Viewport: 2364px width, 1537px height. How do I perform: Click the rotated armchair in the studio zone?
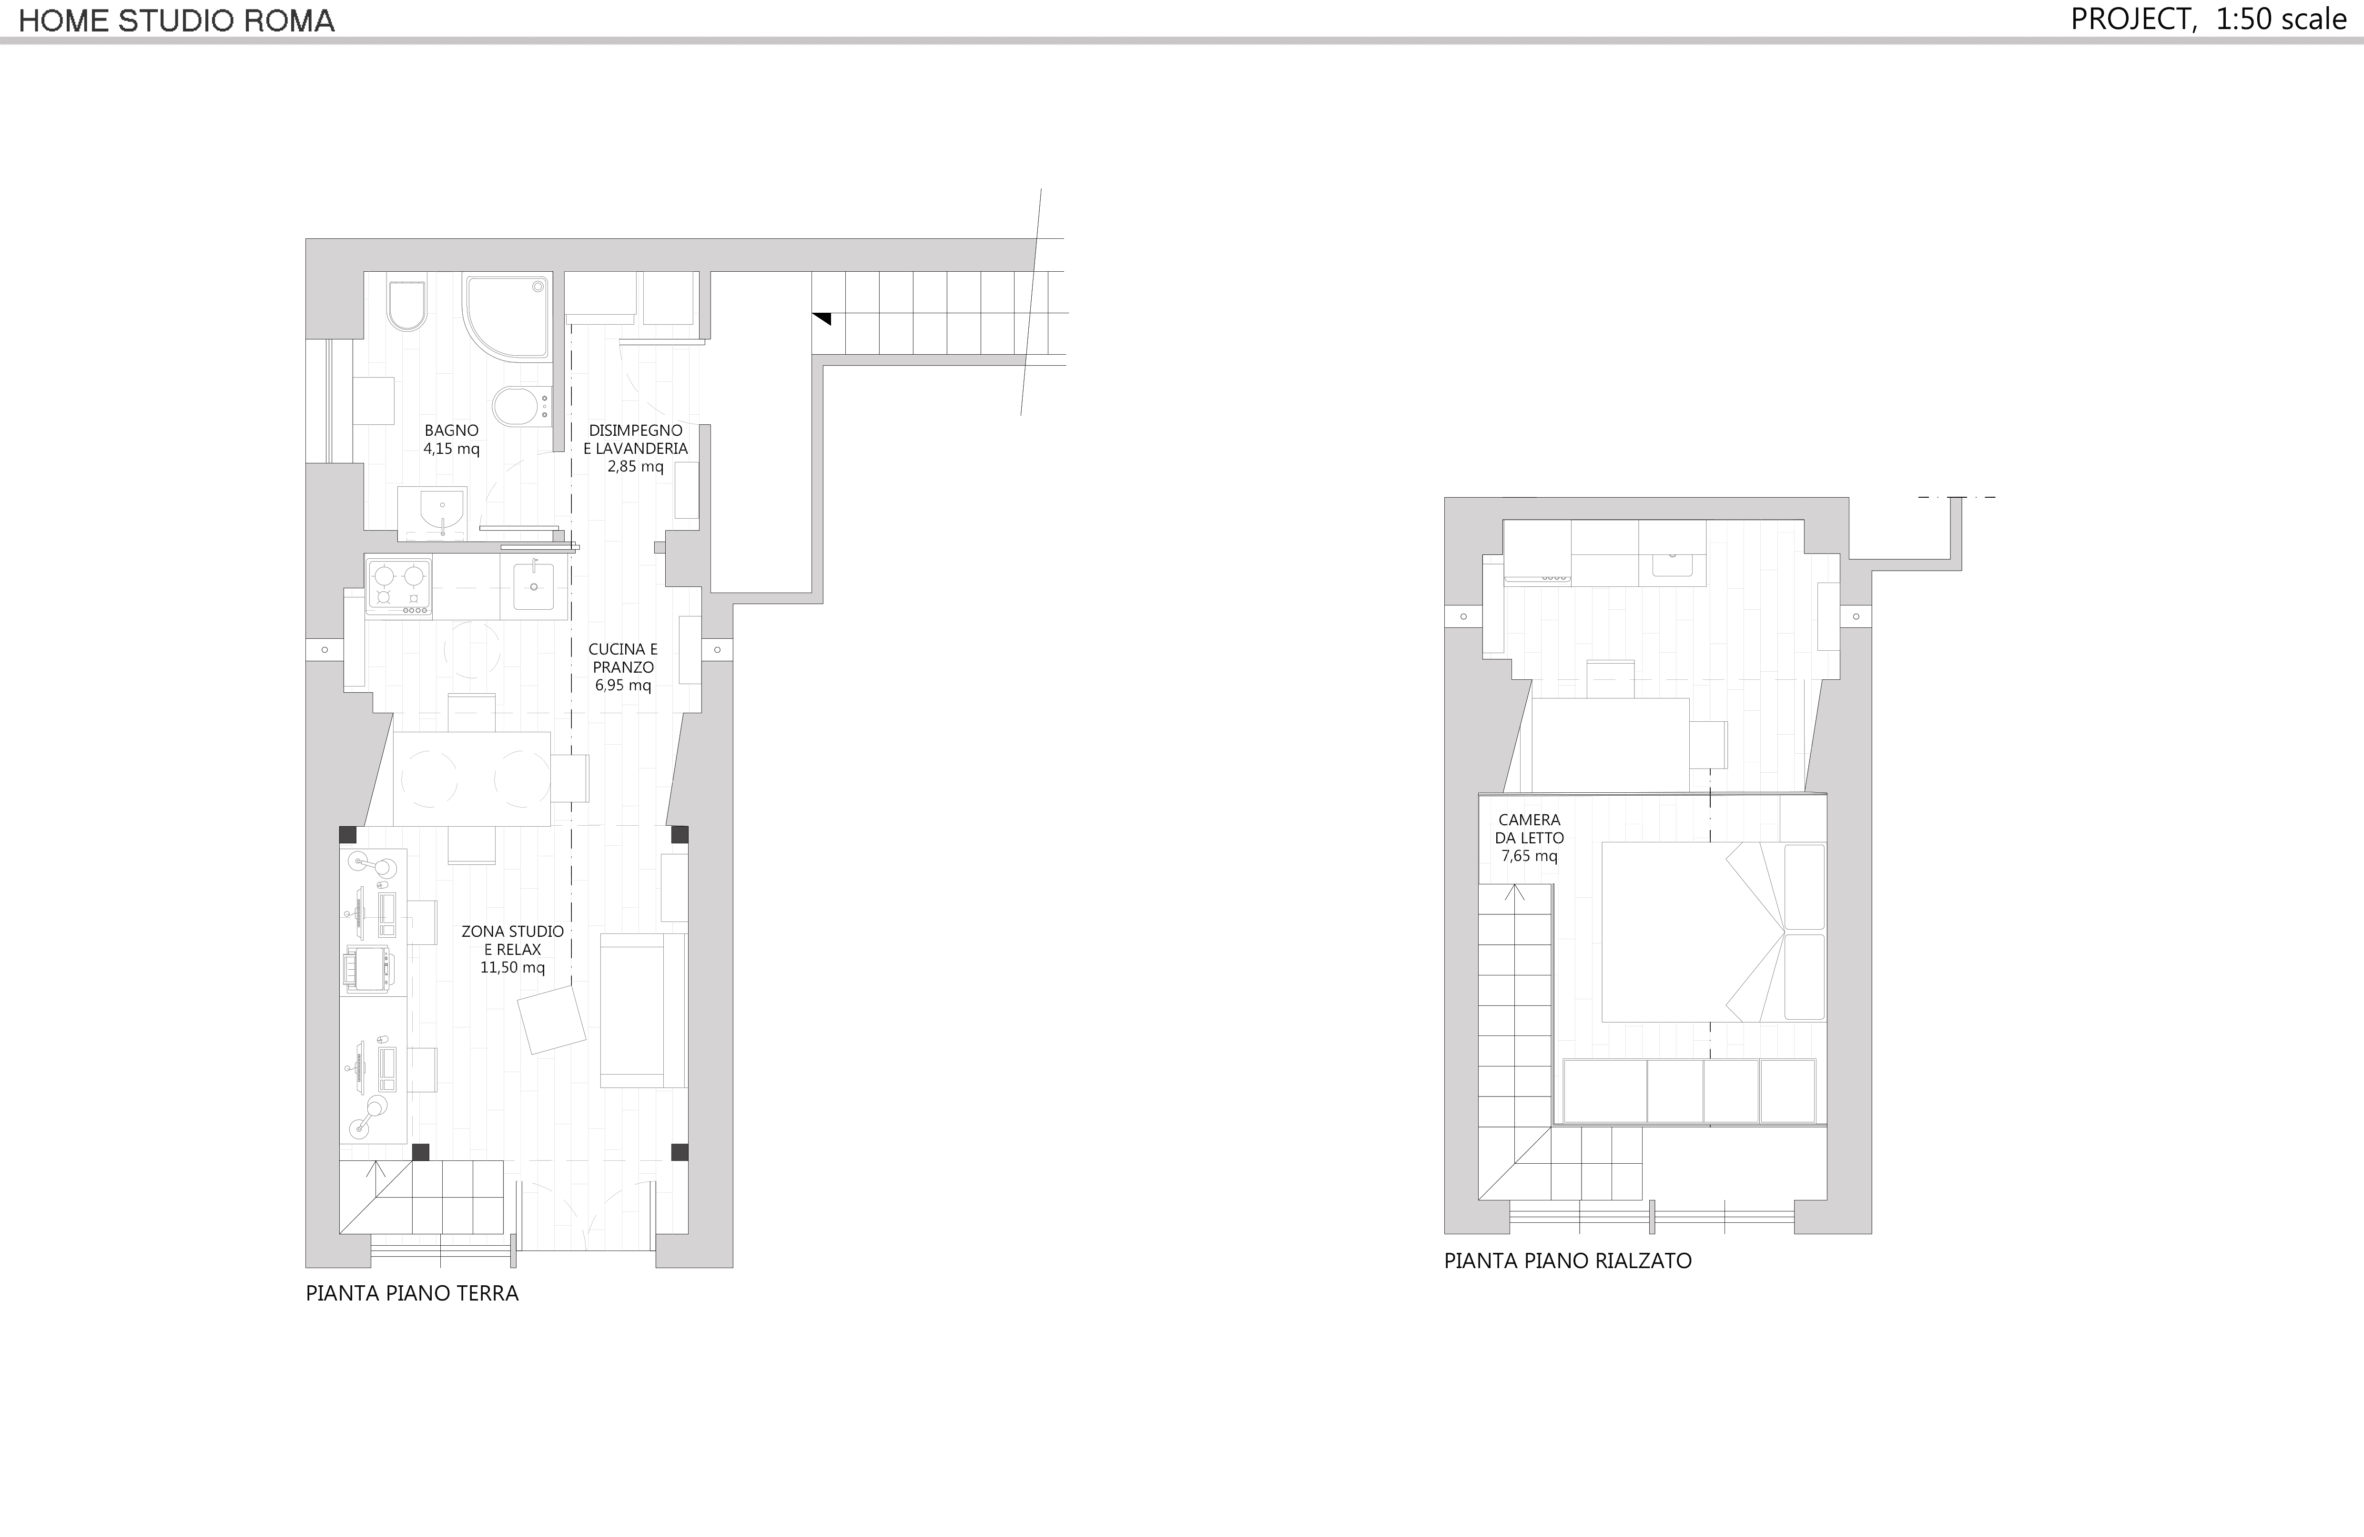pyautogui.click(x=551, y=1018)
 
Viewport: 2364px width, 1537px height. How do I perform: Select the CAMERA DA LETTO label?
pyautogui.click(x=1530, y=829)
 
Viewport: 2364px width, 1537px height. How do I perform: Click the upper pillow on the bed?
pyautogui.click(x=1805, y=886)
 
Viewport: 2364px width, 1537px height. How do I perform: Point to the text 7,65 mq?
pyautogui.click(x=1530, y=855)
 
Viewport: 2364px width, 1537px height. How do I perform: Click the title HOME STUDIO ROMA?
pyautogui.click(x=177, y=21)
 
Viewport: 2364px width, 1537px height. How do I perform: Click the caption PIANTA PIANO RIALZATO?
pyautogui.click(x=1567, y=1261)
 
